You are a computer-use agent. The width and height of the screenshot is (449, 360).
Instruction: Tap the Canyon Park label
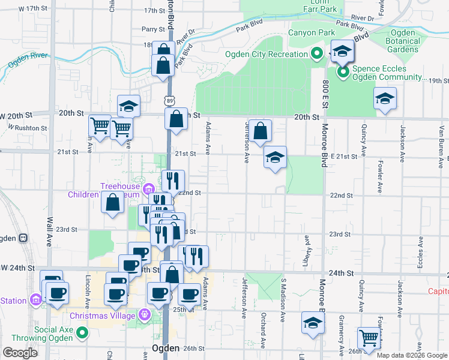(x=310, y=32)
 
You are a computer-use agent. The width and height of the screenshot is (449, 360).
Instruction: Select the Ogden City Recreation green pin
(x=317, y=54)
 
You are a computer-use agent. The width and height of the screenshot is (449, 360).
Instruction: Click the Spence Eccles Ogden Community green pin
(x=343, y=73)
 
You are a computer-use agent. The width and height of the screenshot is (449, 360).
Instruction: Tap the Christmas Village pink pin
(x=144, y=314)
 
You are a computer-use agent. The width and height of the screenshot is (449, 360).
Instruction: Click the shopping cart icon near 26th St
(x=368, y=337)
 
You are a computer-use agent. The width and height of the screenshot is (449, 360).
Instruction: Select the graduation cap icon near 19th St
(x=385, y=97)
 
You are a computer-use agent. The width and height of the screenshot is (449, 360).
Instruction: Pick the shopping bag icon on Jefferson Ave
(x=261, y=130)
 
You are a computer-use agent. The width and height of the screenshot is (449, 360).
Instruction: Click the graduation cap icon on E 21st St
(x=276, y=157)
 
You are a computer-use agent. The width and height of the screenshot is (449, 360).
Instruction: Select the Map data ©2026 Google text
(x=412, y=355)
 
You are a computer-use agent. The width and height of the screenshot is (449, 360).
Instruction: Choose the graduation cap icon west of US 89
(x=128, y=106)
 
